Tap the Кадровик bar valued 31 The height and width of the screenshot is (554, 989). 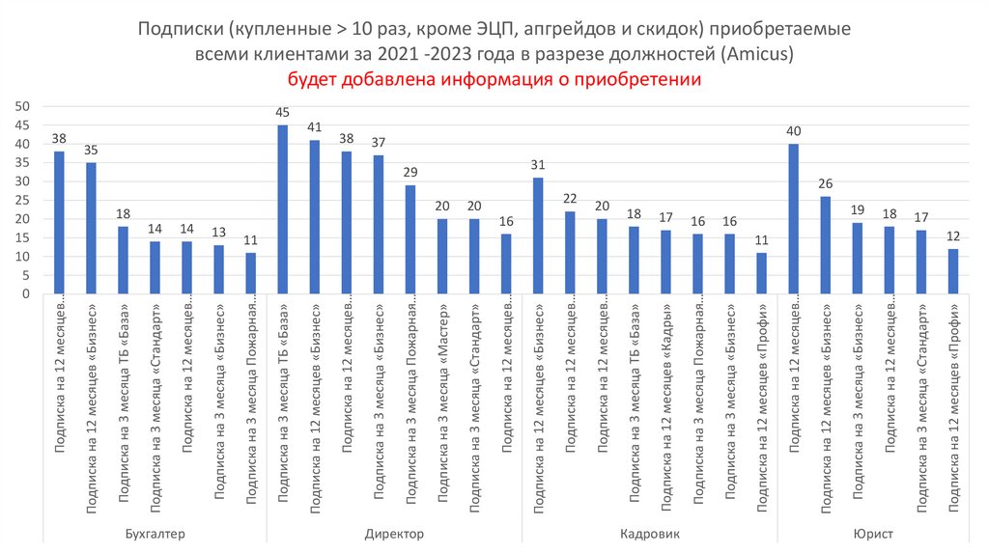[538, 236]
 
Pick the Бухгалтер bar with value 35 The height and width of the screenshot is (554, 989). [91, 229]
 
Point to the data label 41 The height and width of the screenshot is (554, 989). [315, 127]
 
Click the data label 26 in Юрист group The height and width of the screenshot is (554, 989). [826, 184]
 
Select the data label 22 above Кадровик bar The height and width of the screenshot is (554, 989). [570, 199]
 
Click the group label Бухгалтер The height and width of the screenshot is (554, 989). [155, 534]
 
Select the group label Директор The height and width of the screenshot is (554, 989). [394, 534]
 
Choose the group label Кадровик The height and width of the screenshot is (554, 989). [649, 534]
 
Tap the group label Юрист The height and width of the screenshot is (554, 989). [872, 534]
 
